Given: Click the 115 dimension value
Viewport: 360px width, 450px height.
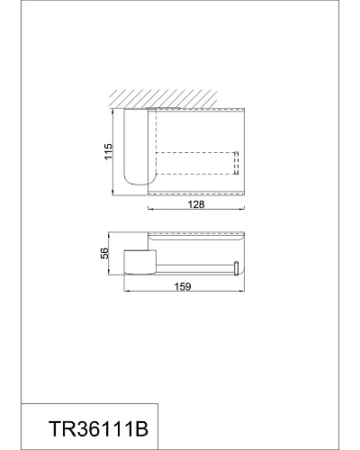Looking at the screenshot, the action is click(108, 151).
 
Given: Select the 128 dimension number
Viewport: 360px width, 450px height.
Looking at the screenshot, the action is click(196, 204).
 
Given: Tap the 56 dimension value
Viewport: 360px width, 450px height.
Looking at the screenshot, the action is click(104, 253).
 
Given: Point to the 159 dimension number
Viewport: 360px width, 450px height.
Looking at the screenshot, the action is click(183, 287).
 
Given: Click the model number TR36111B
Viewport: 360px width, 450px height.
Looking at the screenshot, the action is click(99, 429).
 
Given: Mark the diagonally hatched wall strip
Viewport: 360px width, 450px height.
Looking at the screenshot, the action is click(163, 98).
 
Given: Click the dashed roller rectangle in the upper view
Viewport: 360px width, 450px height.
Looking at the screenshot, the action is click(197, 163).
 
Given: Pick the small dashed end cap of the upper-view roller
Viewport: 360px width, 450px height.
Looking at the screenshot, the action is click(237, 163).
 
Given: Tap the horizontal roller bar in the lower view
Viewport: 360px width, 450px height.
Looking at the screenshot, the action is click(195, 268).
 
